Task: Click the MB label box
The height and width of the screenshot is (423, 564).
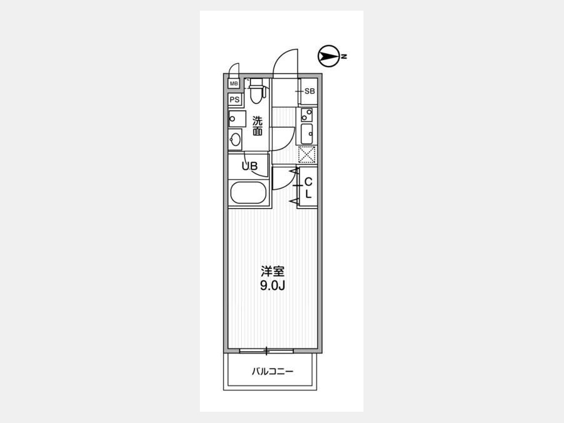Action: tap(234, 84)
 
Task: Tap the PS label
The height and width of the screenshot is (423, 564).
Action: tap(234, 99)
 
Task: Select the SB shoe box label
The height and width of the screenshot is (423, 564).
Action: tap(310, 91)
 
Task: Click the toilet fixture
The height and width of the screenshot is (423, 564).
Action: tap(256, 91)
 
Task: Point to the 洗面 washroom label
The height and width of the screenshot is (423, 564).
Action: tap(257, 126)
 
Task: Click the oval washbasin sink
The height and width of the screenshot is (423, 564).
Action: tap(235, 140)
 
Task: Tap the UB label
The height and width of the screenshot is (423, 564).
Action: tap(249, 166)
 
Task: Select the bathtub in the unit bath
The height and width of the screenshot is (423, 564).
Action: tap(248, 193)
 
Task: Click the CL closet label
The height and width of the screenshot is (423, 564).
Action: tap(308, 188)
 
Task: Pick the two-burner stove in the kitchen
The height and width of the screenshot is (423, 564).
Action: tap(306, 115)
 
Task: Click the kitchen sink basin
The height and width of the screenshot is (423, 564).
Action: tap(306, 134)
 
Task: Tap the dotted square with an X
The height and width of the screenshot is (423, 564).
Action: tap(307, 155)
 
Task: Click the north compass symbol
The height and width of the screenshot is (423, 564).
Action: tap(329, 56)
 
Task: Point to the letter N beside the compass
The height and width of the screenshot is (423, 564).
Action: tap(344, 56)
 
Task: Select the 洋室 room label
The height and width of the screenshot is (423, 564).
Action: tap(273, 271)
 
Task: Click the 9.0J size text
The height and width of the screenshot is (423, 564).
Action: tap(273, 286)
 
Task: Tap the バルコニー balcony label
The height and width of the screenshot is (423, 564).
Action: tap(273, 371)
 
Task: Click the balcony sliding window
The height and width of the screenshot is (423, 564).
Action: tap(266, 350)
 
